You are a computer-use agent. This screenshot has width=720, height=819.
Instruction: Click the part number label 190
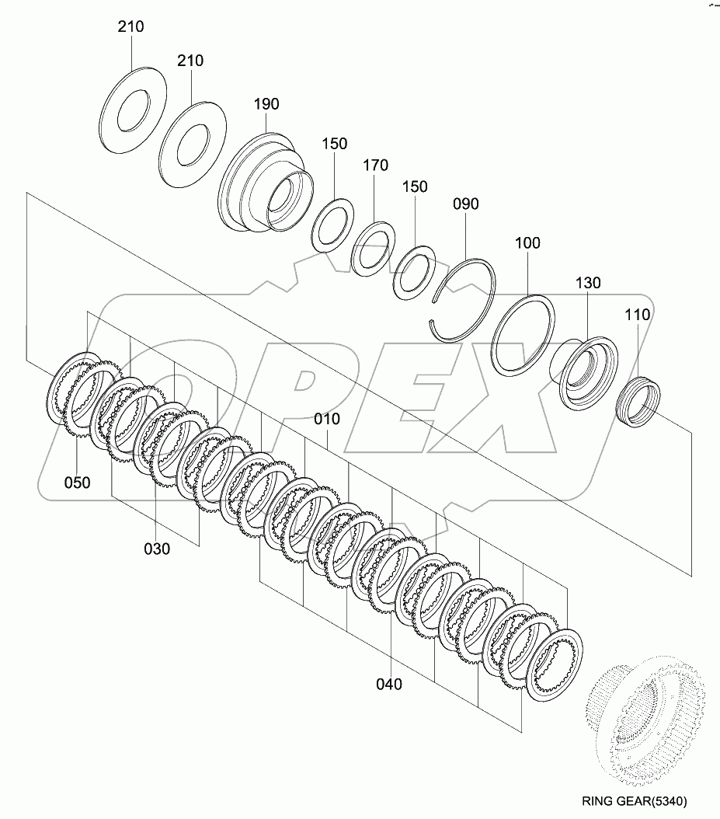[266, 104]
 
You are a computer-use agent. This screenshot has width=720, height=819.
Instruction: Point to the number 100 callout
[527, 243]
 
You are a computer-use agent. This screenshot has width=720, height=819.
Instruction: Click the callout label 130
[588, 283]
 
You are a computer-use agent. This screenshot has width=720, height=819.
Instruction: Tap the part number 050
[77, 483]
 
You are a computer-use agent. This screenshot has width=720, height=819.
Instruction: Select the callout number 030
[156, 549]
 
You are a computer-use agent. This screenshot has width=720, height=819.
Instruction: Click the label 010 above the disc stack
[327, 419]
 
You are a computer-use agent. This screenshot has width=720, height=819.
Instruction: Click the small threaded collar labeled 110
[640, 401]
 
